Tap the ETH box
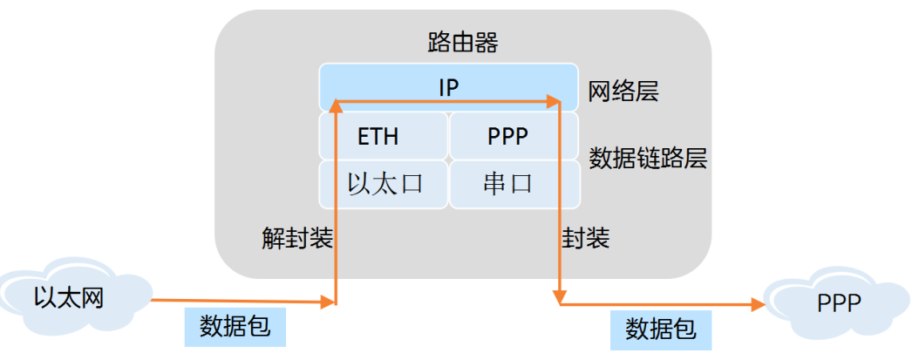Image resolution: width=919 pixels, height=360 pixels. (378, 137)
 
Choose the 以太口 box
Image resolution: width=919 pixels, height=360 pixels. (385, 184)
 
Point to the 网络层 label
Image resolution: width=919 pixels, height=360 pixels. (623, 91)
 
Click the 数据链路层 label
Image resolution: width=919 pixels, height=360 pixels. (648, 158)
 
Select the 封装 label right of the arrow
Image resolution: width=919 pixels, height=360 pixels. (586, 238)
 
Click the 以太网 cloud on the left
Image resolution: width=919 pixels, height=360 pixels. (70, 298)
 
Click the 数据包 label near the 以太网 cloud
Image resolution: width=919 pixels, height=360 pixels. (235, 326)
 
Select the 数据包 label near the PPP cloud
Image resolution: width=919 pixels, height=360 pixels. (660, 329)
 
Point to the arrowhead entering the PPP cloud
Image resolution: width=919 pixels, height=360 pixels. (759, 305)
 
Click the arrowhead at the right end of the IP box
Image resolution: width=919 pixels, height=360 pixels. (553, 103)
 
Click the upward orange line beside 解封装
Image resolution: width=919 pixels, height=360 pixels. (337, 209)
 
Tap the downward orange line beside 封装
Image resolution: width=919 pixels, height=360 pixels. (558, 209)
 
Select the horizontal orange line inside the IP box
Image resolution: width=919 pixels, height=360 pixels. (445, 103)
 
